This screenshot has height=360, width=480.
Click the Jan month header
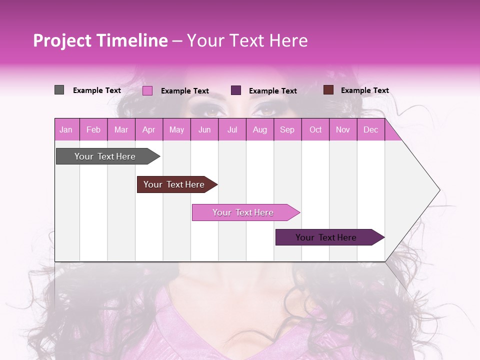point(66,129)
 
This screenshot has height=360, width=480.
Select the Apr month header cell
point(149,129)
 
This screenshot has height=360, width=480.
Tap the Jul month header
point(232,129)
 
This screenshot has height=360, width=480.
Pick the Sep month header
point(287,129)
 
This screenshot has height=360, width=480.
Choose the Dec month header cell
point(370,129)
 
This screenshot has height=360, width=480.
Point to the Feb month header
point(93,129)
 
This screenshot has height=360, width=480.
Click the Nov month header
point(343,129)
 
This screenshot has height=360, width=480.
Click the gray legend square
point(59,90)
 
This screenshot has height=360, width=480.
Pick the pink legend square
point(147,90)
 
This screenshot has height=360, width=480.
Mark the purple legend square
point(236,90)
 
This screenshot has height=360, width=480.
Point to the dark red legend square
point(328,90)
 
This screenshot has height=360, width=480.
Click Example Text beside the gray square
point(97,90)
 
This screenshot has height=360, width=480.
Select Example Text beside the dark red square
point(364,90)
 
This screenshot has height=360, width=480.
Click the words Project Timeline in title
point(100,40)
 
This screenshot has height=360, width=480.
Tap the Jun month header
point(204,129)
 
